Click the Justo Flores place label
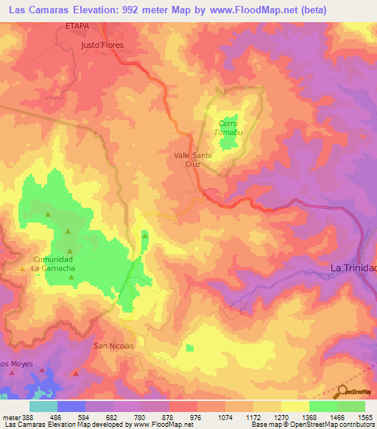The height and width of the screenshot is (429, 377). [102, 44]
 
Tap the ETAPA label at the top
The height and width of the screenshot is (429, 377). [78, 24]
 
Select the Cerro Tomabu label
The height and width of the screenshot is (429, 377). [228, 128]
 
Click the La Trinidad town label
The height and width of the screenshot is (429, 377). [353, 267]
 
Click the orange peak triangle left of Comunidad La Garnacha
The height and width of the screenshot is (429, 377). [22, 268]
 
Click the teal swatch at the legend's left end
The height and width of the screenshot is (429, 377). [43, 406]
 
